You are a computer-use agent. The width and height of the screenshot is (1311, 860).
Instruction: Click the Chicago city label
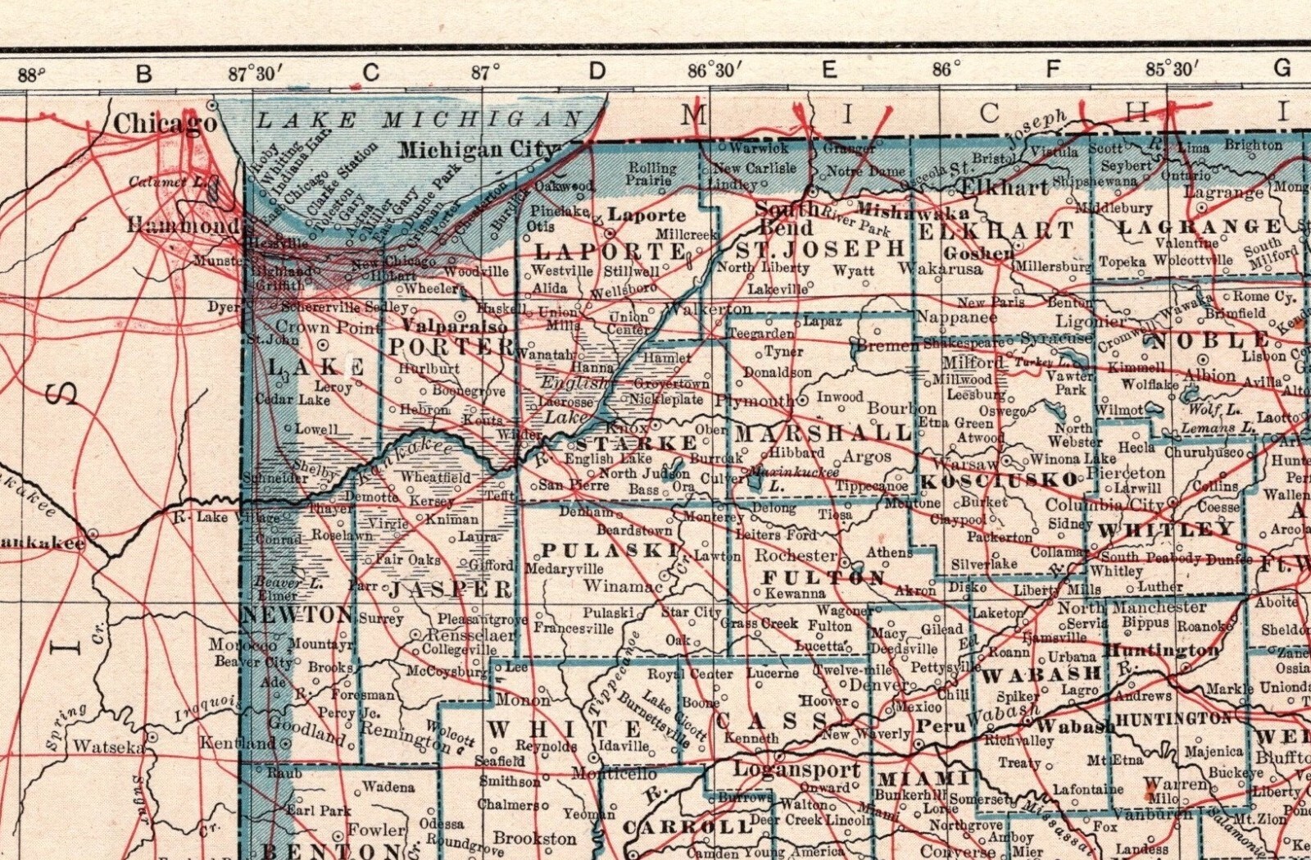[165, 124]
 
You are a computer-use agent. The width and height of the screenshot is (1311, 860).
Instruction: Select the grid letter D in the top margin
[597, 71]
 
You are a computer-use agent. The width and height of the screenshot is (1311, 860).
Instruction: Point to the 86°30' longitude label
[714, 71]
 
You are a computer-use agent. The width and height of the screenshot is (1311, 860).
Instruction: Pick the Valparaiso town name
[455, 326]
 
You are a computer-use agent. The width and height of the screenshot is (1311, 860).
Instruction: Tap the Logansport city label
[796, 770]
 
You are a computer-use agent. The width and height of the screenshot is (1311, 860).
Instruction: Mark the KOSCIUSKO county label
[1000, 480]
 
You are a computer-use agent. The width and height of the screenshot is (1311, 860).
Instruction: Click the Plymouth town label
[754, 401]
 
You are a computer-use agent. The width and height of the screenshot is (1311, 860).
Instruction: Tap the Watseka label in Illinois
[108, 747]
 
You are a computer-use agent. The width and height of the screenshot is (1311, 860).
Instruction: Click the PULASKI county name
[610, 550]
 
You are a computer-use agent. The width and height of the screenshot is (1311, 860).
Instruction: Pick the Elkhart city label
[1002, 188]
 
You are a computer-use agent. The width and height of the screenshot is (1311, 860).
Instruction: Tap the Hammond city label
[183, 225]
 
